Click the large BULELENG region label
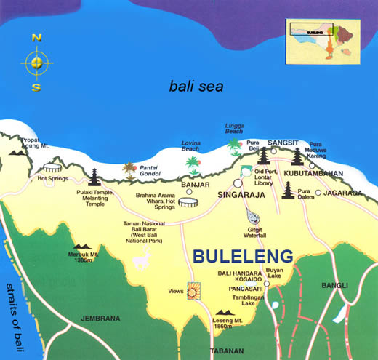244,256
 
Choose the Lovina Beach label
191,145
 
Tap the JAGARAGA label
342,193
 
